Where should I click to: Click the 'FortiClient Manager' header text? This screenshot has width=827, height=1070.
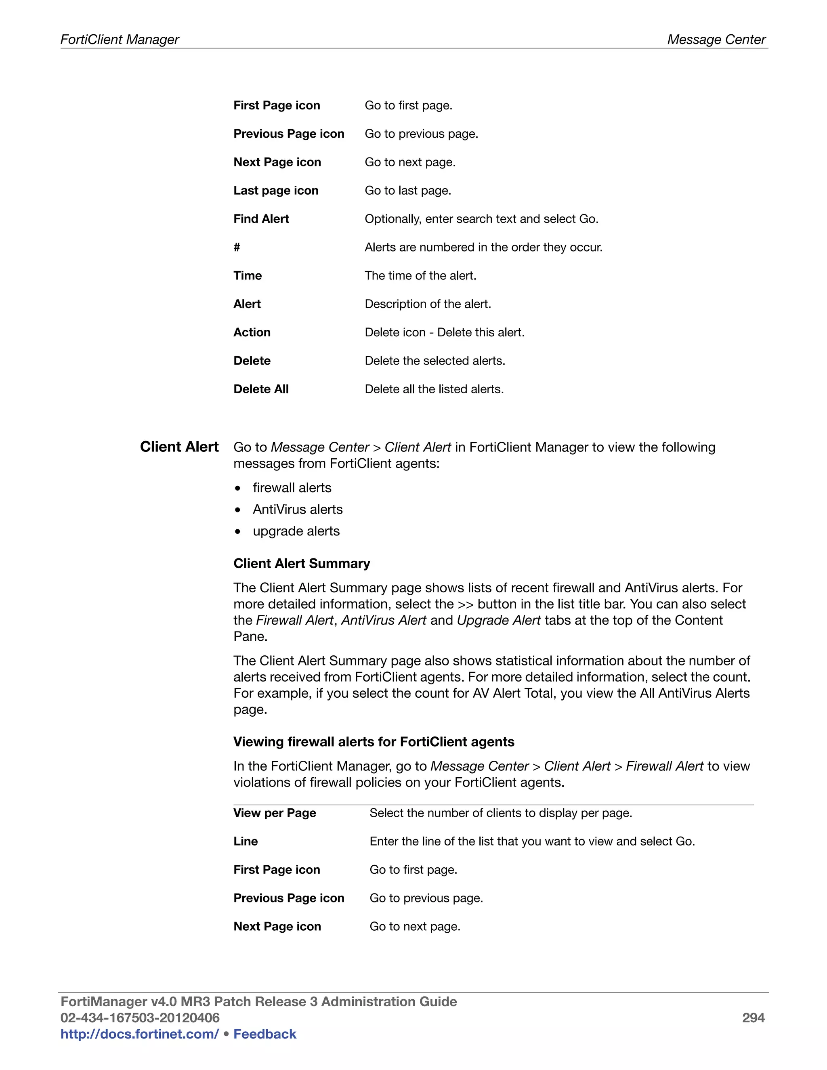click(x=120, y=39)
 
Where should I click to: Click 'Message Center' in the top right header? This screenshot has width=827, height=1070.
click(x=716, y=39)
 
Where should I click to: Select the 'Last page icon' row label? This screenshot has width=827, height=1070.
click(x=276, y=191)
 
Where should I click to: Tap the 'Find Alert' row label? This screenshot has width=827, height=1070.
click(x=261, y=219)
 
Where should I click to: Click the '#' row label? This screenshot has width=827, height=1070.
click(x=237, y=248)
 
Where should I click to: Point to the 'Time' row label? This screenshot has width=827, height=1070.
click(x=248, y=276)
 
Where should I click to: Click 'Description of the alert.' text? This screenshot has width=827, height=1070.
click(x=428, y=304)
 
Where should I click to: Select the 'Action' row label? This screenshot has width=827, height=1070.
click(x=252, y=333)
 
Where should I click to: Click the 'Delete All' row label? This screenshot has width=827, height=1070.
click(x=261, y=390)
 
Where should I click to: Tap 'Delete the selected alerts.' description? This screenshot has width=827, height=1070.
click(x=434, y=361)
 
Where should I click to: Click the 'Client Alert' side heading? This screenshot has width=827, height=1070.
click(x=179, y=447)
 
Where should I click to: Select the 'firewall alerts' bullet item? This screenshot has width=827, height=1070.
click(x=292, y=488)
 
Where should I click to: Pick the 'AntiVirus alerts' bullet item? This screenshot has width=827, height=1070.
click(x=297, y=510)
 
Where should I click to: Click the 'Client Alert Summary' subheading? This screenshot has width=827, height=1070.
click(x=302, y=563)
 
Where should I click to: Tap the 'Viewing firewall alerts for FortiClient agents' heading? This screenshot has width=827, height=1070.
click(x=374, y=742)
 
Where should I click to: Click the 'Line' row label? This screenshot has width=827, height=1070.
click(x=246, y=842)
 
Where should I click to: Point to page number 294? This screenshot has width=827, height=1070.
click(x=753, y=1018)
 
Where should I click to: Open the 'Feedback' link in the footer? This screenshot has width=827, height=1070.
click(x=264, y=1034)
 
